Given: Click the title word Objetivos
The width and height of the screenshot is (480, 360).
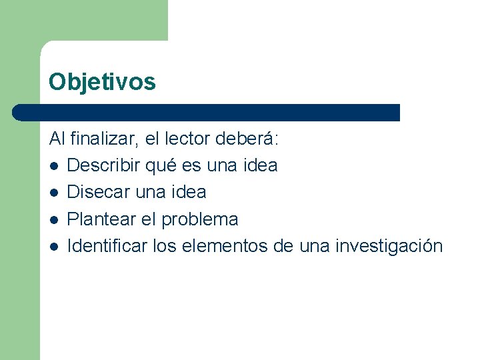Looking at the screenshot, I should tap(102, 81).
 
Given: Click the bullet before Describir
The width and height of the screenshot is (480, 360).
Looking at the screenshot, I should tap(53, 165).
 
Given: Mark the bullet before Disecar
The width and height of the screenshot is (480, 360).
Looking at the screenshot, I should tap(53, 193).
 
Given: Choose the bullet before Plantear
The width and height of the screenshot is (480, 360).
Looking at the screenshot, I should tap(53, 219).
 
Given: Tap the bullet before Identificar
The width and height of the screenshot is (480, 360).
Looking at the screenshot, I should tap(53, 247).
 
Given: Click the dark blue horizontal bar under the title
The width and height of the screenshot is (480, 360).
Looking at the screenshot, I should tap(207, 112).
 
